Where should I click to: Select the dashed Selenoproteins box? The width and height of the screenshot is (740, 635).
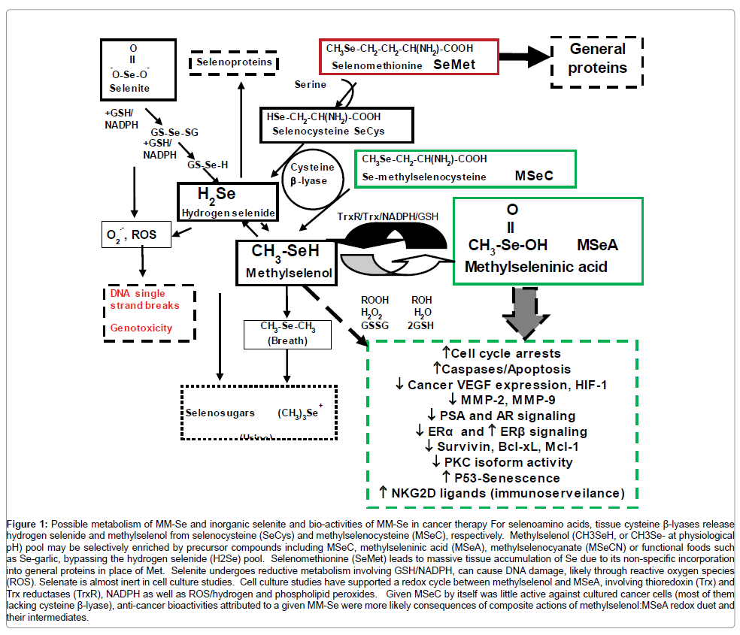(x=234, y=62)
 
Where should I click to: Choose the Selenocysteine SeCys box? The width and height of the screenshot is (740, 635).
(x=338, y=124)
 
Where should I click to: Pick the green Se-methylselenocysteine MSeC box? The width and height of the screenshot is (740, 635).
(x=464, y=168)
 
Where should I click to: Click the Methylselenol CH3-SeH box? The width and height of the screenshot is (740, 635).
(x=288, y=262)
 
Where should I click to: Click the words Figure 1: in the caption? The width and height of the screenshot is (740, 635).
(x=29, y=522)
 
